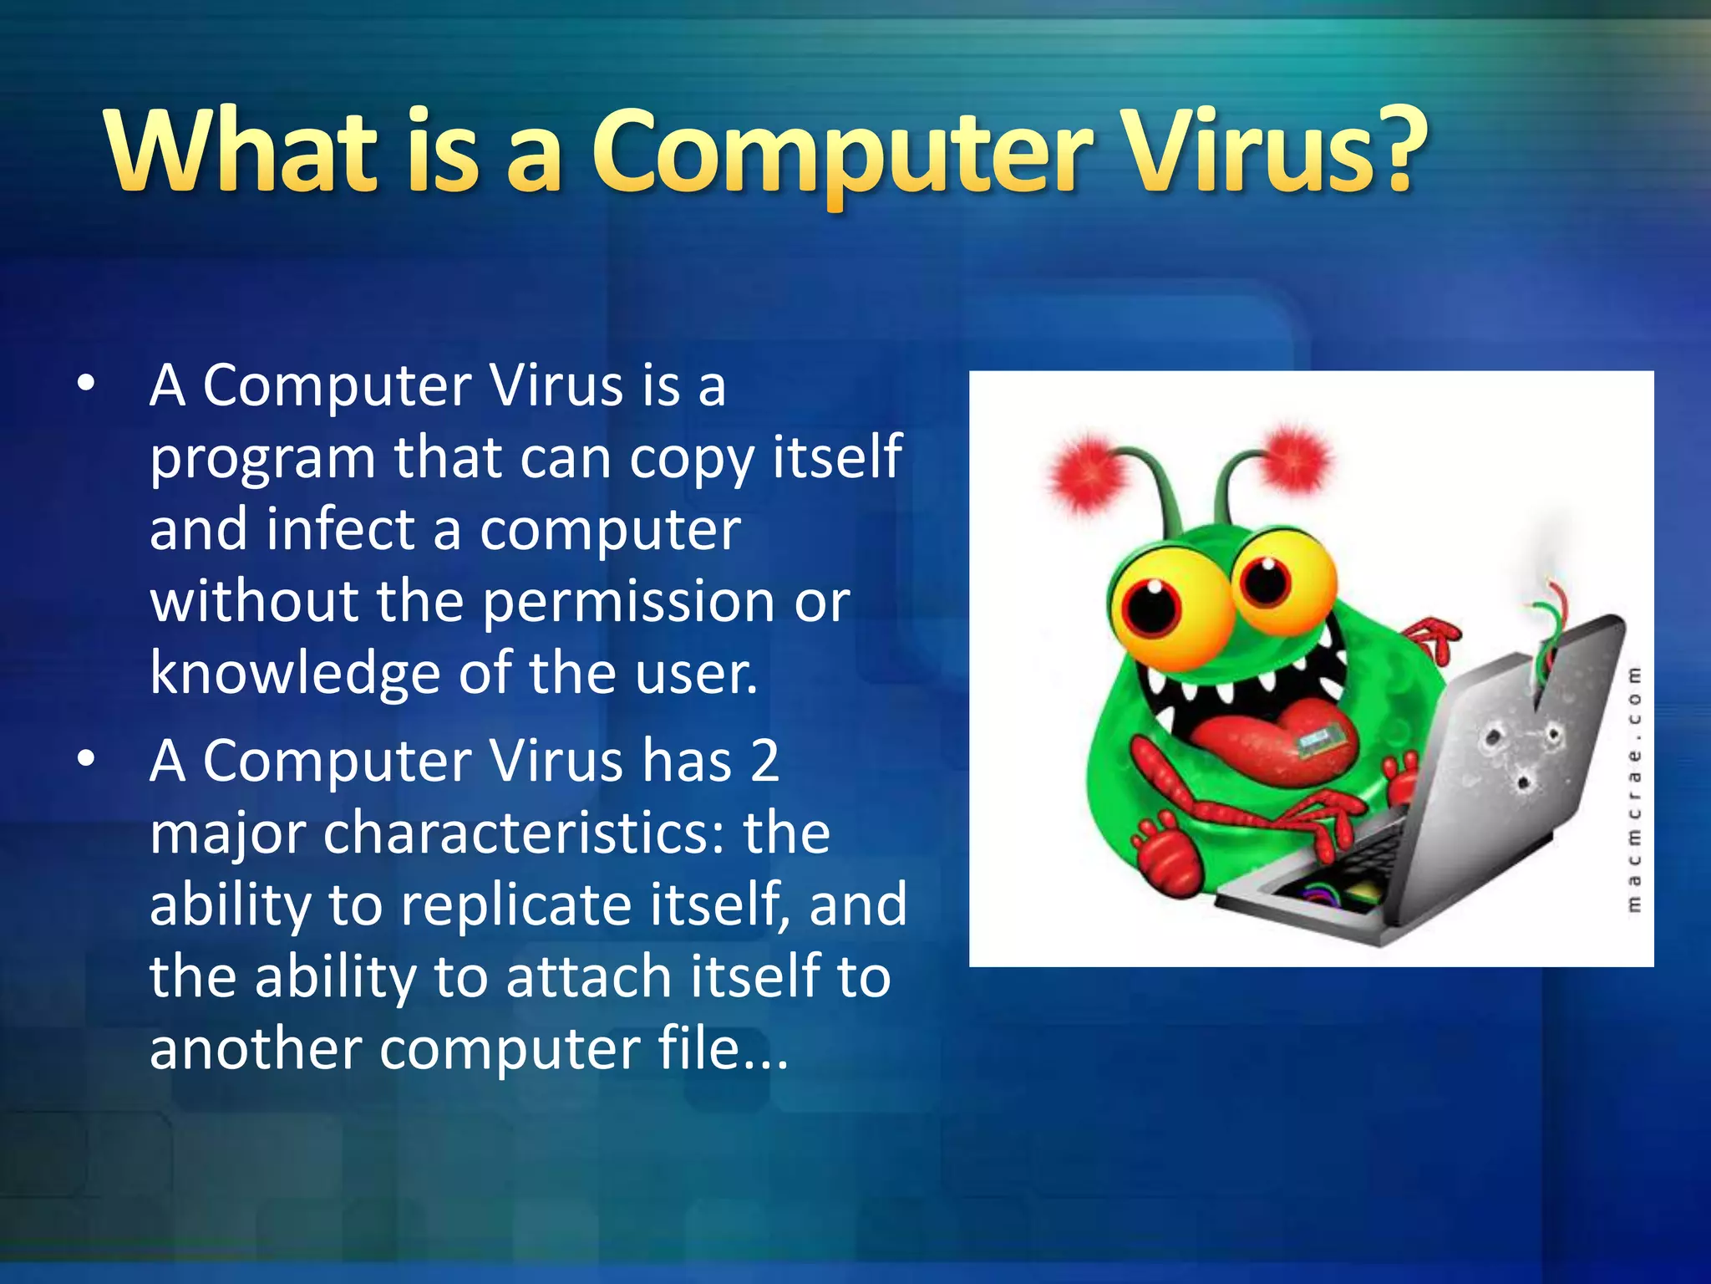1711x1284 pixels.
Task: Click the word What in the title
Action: pyautogui.click(x=241, y=150)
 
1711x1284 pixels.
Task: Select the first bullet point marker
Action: pyautogui.click(x=85, y=385)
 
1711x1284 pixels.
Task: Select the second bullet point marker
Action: pyautogui.click(x=85, y=759)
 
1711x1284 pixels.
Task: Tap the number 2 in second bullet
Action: pyautogui.click(x=764, y=761)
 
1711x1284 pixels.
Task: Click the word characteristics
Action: pyautogui.click(x=522, y=833)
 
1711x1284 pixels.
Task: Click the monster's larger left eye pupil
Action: pyautogui.click(x=1151, y=608)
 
